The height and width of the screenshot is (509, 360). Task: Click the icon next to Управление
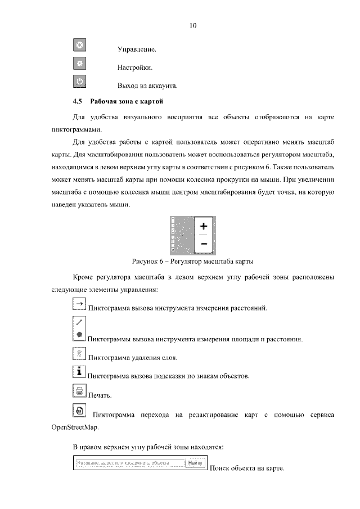pyautogui.click(x=79, y=45)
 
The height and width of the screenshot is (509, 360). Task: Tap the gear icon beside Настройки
pyautogui.click(x=79, y=63)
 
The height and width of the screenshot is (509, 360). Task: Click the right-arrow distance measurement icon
pyautogui.click(x=79, y=304)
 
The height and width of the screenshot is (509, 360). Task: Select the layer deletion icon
pyautogui.click(x=79, y=353)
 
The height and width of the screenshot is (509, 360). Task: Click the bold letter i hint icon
pyautogui.click(x=79, y=372)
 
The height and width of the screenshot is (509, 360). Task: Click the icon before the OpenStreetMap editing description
pyautogui.click(x=79, y=411)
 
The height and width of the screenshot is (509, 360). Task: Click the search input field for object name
pyautogui.click(x=129, y=464)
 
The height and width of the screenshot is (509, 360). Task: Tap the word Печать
pyautogui.click(x=100, y=395)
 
